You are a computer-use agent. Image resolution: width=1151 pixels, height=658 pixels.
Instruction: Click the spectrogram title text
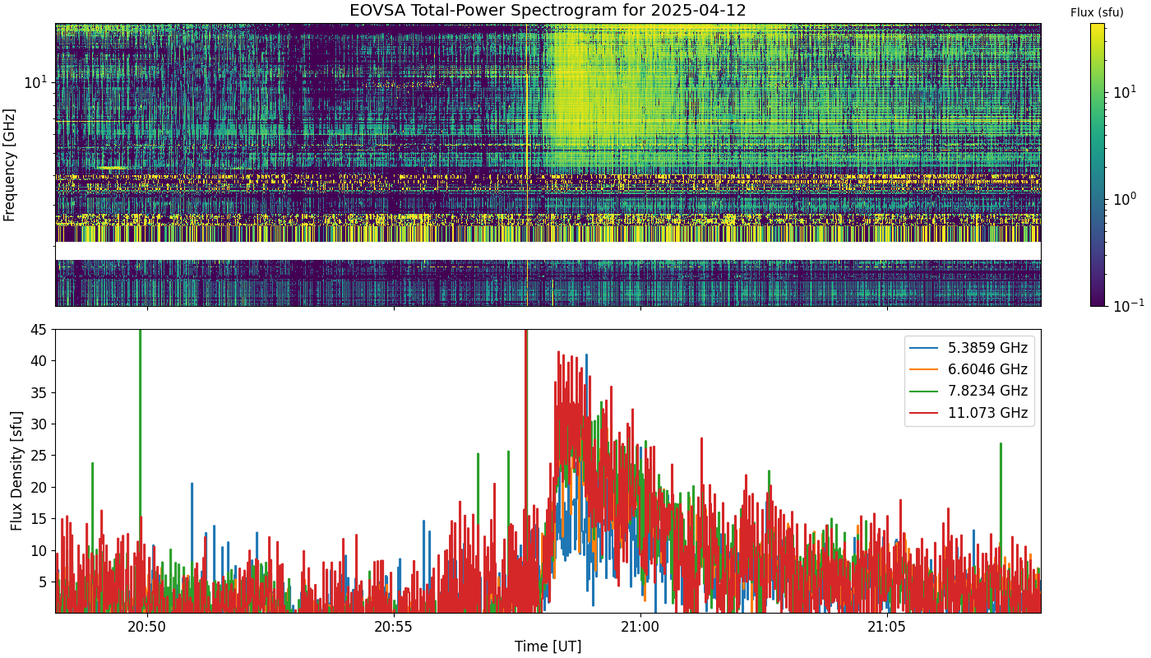coord(548,11)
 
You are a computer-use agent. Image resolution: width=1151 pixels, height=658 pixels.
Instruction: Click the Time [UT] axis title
coord(548,646)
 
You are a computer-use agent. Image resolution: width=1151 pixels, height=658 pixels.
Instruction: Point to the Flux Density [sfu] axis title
coord(16,470)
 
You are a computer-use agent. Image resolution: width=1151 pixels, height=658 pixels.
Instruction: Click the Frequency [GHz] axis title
coord(10,164)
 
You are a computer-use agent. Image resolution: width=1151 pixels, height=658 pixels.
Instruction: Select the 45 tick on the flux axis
coord(39,330)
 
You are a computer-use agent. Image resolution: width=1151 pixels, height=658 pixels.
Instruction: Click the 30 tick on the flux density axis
coord(39,424)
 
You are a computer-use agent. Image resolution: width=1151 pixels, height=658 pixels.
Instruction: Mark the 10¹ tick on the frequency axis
coord(35,82)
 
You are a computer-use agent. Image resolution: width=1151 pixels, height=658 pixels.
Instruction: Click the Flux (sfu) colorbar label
coord(1097,12)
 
